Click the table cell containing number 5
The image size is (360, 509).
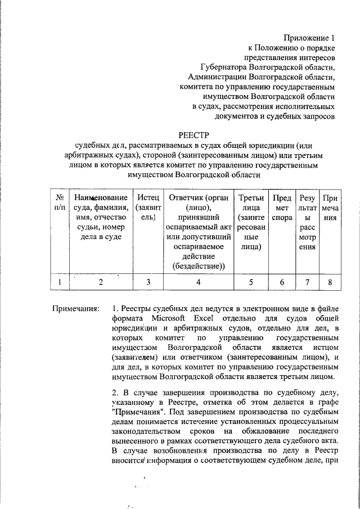(x=251, y=282)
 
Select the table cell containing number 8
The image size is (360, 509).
(x=330, y=282)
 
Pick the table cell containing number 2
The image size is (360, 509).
(x=101, y=282)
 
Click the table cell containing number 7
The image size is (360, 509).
(x=307, y=282)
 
